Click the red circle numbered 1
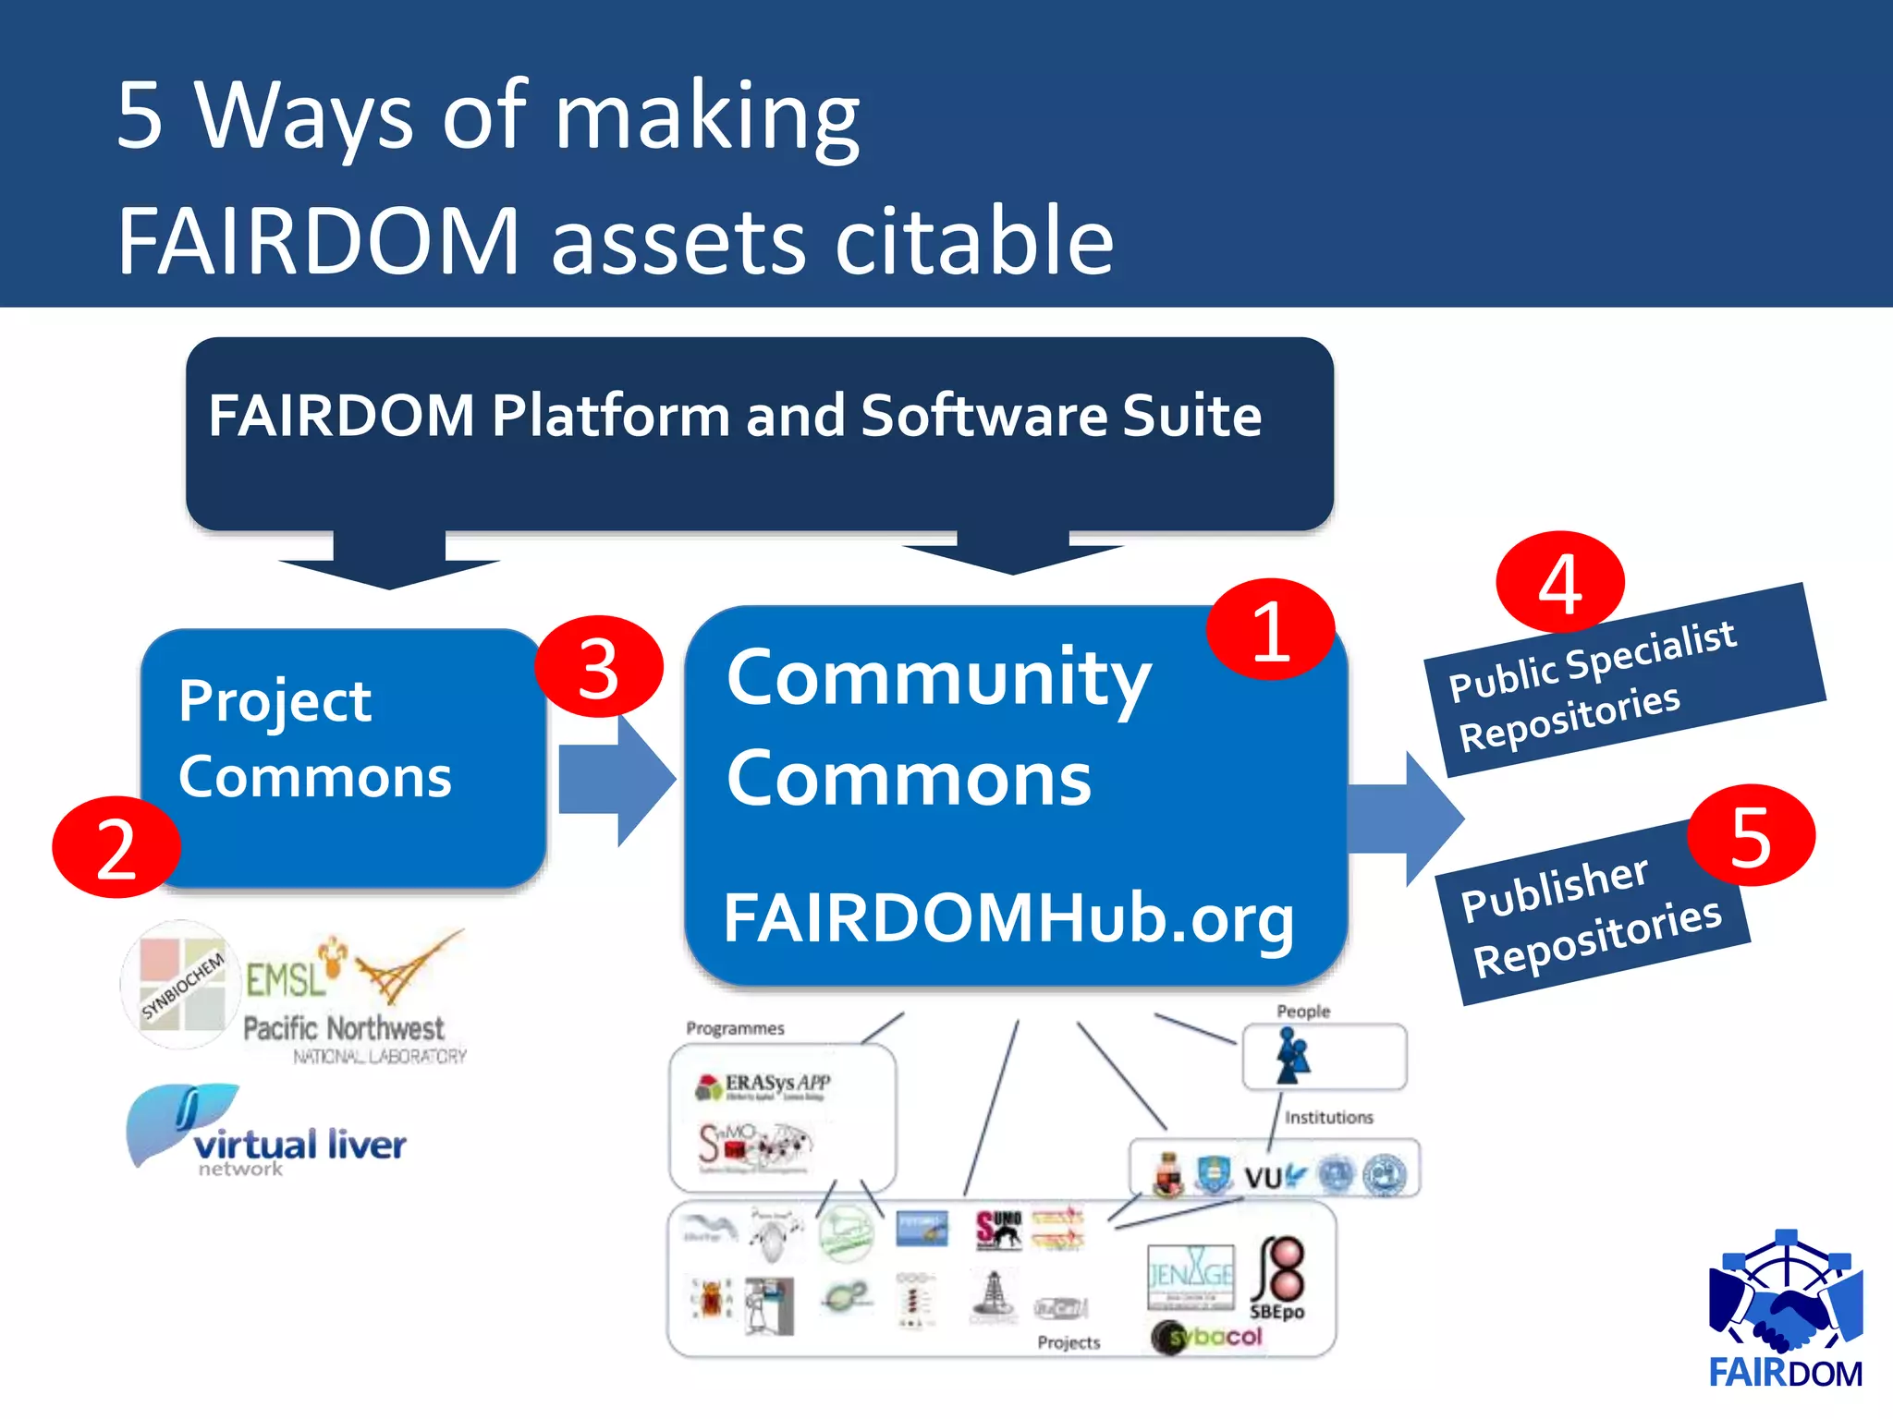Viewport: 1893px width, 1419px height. click(1270, 630)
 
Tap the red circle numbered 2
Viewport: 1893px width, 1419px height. click(116, 847)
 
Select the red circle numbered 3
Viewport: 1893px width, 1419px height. click(599, 667)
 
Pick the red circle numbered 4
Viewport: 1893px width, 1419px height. click(1560, 582)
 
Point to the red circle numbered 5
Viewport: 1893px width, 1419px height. click(1751, 835)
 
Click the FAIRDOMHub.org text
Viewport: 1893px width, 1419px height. click(1008, 918)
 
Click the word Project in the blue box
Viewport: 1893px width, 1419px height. click(275, 701)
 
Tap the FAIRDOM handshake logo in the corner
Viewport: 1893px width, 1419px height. click(1786, 1306)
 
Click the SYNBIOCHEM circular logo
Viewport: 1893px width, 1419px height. click(182, 985)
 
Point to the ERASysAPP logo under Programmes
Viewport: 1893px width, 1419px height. click(763, 1085)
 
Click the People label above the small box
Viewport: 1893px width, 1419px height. click(1302, 1012)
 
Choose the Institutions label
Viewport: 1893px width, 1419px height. click(1328, 1118)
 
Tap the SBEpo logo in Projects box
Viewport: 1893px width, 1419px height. click(1278, 1279)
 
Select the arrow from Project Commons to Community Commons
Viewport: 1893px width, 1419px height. click(616, 780)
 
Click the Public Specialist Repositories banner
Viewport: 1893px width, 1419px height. click(1623, 681)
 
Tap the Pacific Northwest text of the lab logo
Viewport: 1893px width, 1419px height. click(343, 1028)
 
